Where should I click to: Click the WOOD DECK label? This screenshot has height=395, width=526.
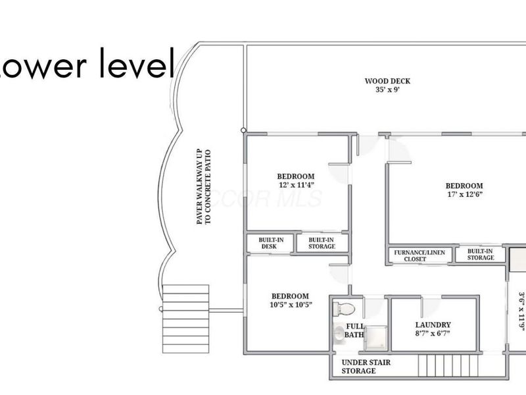(387, 82)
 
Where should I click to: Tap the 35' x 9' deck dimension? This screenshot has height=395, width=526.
(387, 90)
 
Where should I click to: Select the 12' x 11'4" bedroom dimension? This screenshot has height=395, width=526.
(295, 185)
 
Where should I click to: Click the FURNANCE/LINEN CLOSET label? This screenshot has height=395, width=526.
(419, 255)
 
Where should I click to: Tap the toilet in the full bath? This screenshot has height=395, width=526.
(345, 308)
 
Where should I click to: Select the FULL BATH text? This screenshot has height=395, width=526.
(354, 330)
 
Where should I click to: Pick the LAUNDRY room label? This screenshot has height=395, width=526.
(433, 325)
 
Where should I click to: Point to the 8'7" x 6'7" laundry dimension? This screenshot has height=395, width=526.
(433, 334)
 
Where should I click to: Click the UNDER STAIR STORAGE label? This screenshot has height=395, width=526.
(358, 367)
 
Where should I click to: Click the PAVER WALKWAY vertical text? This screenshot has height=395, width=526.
(203, 187)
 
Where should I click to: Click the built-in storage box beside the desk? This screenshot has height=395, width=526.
(322, 243)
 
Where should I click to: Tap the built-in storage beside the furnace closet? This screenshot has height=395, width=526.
(481, 254)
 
